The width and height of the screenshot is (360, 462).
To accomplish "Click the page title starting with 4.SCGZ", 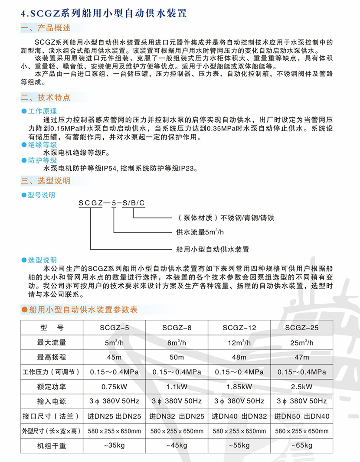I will (104, 13).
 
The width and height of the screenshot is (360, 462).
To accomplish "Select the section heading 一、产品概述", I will (45, 29).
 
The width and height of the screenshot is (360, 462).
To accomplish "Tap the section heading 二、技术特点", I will (45, 98).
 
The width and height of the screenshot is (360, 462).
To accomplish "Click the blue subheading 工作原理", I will (42, 111).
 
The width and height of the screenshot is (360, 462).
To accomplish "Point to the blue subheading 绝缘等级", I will (42, 145).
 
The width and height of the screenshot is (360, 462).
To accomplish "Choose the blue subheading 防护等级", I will (42, 160).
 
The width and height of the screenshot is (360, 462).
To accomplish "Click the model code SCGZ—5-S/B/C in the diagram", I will (111, 202).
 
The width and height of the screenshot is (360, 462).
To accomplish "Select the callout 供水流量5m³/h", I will (200, 232).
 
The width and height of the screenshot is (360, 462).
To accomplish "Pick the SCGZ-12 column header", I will (239, 328).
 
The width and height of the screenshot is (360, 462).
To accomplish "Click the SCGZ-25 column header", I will (301, 328).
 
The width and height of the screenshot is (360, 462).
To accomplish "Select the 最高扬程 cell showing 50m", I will (177, 357).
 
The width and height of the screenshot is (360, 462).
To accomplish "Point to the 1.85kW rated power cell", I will (239, 386).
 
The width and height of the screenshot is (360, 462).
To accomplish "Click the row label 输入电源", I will (52, 401).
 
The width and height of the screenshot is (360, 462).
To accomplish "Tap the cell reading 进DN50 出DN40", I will (301, 416).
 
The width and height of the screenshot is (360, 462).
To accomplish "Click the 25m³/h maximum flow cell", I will (301, 342).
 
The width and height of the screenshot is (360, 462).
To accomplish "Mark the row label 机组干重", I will (52, 446).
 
